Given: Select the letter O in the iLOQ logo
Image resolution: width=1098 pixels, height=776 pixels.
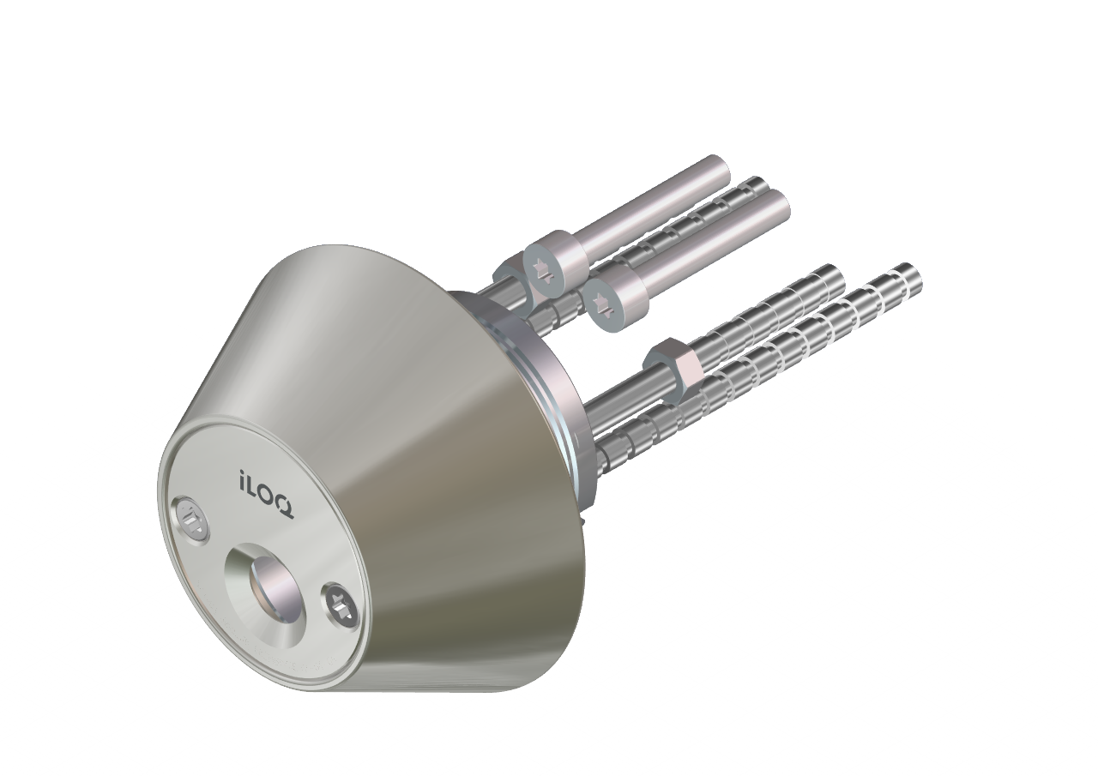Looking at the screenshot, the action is point(268,496).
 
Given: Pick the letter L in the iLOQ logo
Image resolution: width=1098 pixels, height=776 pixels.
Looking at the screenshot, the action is point(253,486).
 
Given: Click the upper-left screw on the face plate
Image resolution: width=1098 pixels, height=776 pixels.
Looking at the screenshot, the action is point(192,520).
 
